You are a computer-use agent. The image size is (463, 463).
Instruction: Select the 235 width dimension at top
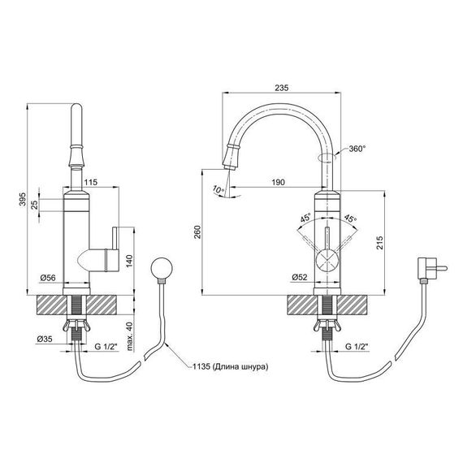(x=282, y=88)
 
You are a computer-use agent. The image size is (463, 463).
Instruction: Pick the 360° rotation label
(x=358, y=149)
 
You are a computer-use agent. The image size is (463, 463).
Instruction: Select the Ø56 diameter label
(x=49, y=279)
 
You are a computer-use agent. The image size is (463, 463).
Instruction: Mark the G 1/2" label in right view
(x=356, y=348)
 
